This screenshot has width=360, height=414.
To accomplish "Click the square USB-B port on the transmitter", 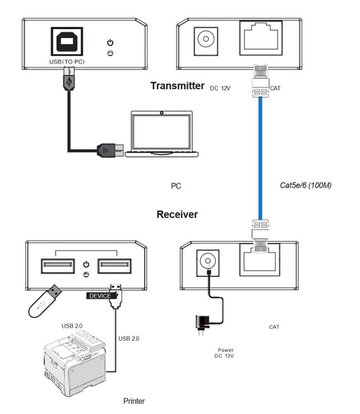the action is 67,41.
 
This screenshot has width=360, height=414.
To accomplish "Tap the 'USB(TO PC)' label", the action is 67,62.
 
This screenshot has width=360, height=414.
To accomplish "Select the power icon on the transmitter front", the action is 110,42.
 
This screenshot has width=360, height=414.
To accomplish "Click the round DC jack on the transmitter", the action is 206,39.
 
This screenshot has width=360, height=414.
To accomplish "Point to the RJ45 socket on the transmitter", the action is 261,38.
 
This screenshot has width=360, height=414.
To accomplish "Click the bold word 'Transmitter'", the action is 177,86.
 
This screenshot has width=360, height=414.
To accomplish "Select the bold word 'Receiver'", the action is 177,214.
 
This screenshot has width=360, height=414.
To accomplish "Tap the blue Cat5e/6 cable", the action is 260,158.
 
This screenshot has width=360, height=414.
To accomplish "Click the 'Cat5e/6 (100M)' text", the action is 306,185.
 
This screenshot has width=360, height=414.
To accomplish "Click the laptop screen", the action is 162,131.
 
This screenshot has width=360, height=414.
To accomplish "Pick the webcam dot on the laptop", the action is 162,113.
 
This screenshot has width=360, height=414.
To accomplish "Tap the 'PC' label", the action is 176,186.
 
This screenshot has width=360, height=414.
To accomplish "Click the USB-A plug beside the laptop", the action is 110,150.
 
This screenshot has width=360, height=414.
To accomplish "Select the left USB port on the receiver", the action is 58,266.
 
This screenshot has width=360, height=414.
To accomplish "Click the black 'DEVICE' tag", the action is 101,296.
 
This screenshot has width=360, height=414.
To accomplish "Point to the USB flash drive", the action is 44,301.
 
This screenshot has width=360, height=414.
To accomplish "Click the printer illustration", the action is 75,364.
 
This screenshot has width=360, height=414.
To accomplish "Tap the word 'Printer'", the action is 134,401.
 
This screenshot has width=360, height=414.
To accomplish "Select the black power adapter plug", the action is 202,324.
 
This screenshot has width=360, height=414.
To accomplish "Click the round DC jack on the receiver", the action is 208,261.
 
